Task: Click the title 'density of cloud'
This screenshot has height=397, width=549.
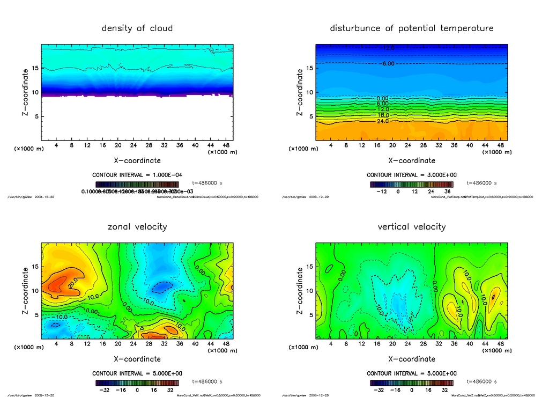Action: pos(137,28)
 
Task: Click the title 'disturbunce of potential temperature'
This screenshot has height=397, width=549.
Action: pos(412,28)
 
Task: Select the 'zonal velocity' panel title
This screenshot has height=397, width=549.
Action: pos(137,226)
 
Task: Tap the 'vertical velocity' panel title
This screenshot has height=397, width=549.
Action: pos(412,226)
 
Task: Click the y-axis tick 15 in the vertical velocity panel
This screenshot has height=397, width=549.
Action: pos(309,267)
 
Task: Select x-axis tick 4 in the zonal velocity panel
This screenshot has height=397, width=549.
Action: pos(56,343)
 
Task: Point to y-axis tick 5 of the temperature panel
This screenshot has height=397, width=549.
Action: pos(309,116)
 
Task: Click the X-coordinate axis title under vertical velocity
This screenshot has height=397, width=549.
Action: pos(412,359)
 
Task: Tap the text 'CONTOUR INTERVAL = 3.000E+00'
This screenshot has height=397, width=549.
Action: pos(412,175)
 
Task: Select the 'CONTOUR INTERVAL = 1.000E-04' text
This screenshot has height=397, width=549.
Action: pos(137,175)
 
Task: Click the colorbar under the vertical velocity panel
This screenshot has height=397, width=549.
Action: pos(411,383)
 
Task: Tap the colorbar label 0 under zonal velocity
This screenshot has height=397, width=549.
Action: pos(137,390)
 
